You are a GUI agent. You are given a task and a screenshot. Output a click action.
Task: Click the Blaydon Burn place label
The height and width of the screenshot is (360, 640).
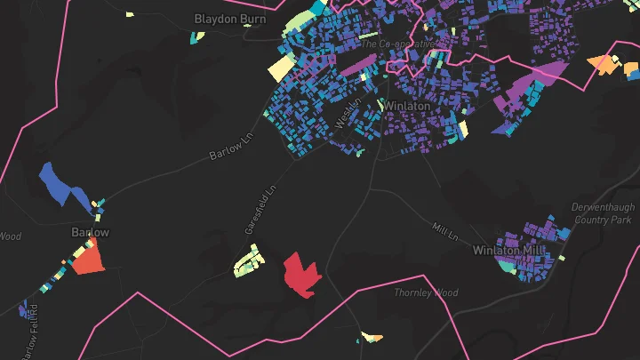point(230,18)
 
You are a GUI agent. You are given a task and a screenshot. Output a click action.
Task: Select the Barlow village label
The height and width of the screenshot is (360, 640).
point(90,233)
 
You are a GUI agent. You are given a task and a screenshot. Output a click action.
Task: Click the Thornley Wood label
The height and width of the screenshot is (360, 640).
point(426,292)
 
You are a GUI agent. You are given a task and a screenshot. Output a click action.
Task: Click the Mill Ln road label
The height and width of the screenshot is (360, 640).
point(444,234)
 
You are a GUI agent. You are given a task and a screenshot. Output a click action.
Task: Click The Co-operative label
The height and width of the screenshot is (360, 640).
point(397,43)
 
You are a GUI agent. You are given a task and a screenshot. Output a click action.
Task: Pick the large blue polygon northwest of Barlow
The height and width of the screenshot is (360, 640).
point(62,185)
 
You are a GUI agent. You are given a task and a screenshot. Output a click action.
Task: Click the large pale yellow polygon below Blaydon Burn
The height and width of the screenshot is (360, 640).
point(282,68)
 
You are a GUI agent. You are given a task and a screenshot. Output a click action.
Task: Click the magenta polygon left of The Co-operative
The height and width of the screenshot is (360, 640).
point(360,64)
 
